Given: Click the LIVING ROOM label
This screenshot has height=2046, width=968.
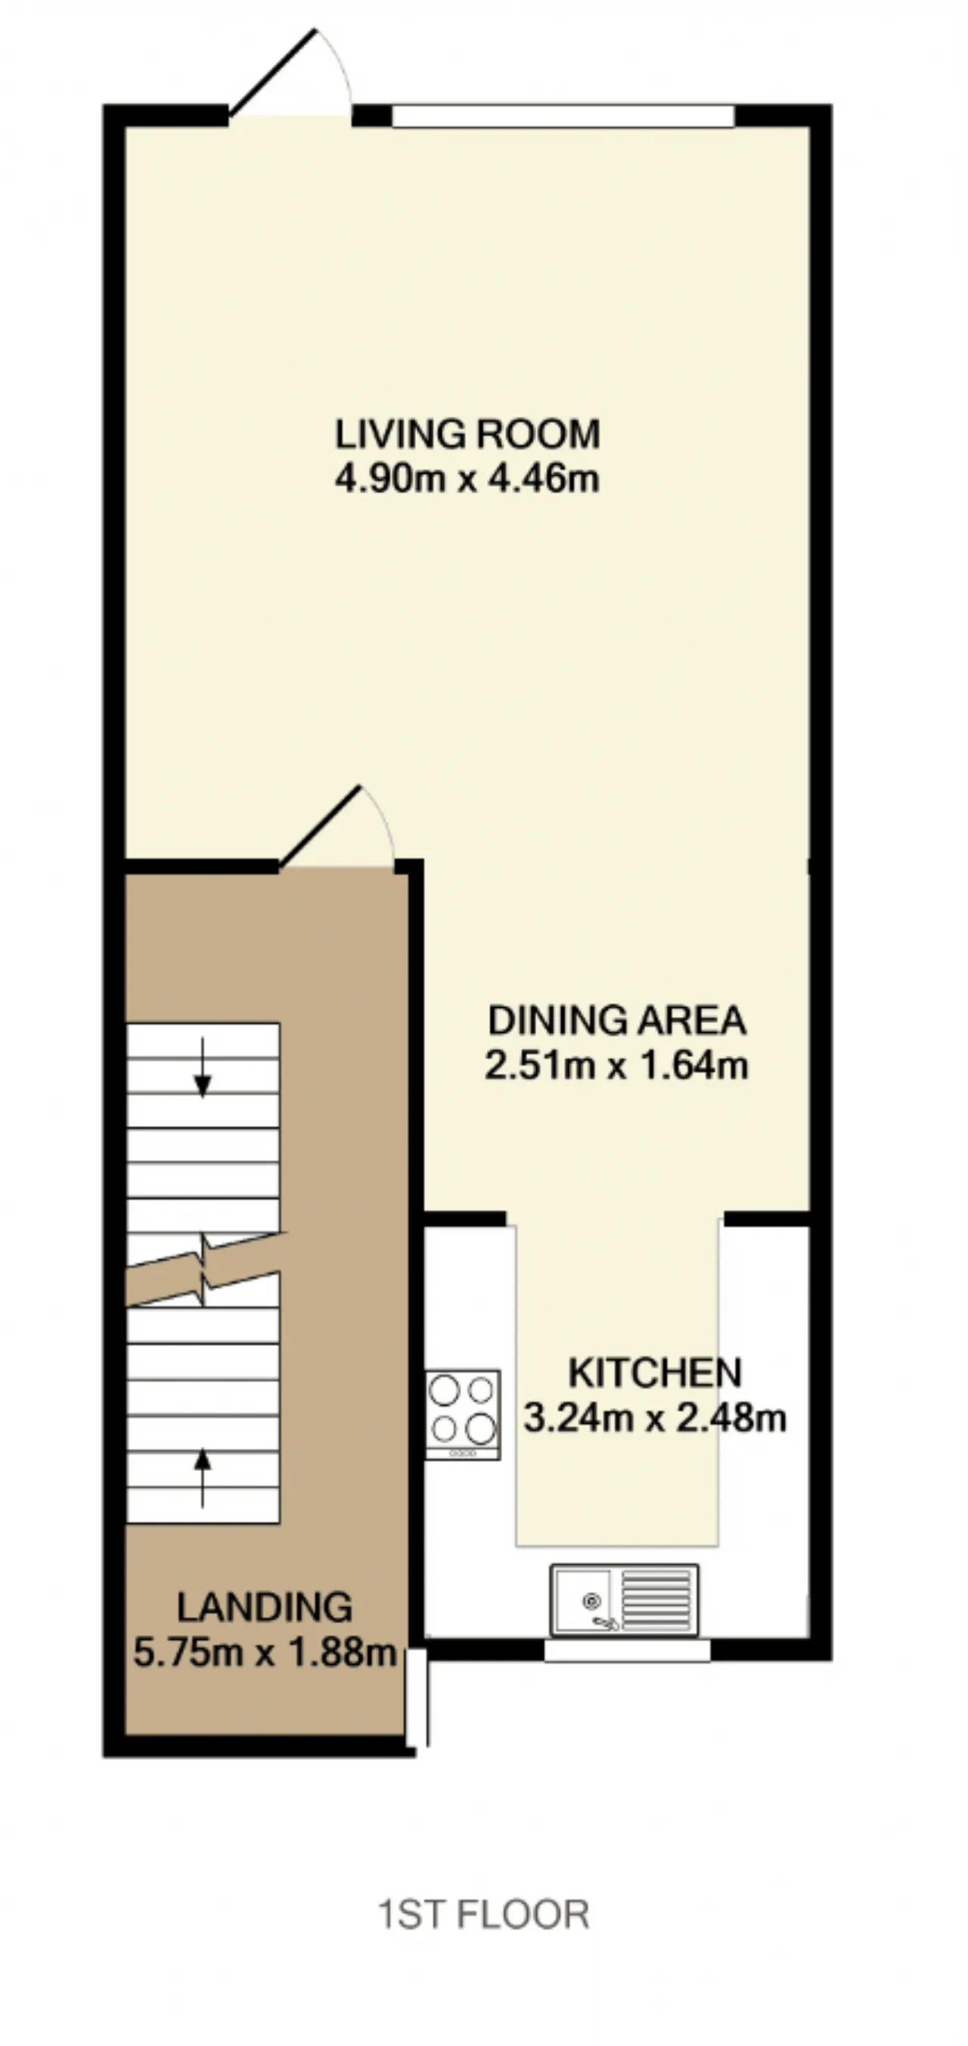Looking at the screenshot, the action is [467, 434].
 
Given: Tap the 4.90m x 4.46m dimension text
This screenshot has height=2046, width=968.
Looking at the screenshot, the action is [467, 479].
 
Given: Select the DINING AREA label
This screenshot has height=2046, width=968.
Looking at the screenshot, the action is [617, 1021].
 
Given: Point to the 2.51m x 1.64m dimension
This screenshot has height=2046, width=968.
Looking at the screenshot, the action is [617, 1065].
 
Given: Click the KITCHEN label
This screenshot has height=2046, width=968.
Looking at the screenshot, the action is [655, 1373].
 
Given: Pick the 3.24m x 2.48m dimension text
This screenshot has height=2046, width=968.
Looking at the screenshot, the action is [655, 1418].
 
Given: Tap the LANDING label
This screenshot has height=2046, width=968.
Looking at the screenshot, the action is [265, 1608].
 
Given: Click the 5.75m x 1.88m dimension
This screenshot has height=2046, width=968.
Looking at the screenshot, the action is [265, 1652].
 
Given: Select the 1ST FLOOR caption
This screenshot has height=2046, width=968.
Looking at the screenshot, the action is [483, 1914].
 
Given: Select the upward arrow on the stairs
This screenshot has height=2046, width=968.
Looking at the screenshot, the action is [203, 1477].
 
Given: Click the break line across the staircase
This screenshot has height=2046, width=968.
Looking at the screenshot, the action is [205, 1269].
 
